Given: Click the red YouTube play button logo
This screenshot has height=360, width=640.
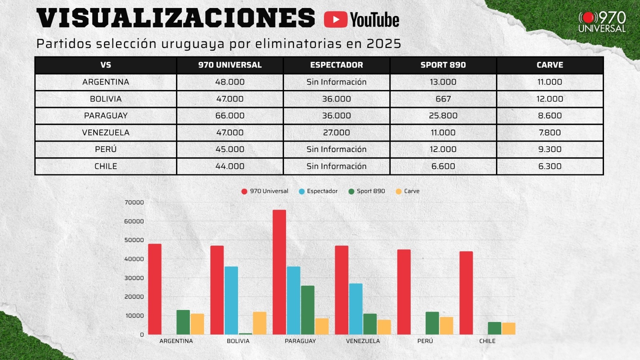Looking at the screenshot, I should coord(335,20).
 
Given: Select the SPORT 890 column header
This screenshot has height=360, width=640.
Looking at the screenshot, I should coord(443,65).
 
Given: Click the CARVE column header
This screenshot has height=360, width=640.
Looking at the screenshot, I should coord(550,65).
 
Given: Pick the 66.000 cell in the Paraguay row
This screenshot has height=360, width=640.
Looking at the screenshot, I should coord(230,116).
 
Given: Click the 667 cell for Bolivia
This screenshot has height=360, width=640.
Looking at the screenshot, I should coord(443,99).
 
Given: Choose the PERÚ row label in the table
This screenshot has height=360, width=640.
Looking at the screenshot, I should coord(106,149).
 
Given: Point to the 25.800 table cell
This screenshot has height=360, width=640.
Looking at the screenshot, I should coord(443,116).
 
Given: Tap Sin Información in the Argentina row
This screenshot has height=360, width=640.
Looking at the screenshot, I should coord(336,82).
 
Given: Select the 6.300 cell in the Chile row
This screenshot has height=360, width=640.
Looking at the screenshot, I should coord(550,166).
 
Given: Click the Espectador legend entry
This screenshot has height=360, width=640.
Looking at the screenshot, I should coord(318,191).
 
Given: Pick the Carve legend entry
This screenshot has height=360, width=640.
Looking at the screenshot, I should coord(408,191).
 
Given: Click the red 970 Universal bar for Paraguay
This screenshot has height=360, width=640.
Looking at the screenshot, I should coord(279,272).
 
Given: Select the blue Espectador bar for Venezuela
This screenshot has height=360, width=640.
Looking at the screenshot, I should coord(356,309).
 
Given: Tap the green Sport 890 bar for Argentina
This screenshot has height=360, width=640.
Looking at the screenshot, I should coord(183,322).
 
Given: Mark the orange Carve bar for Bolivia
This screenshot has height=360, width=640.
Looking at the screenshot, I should coord(260,323).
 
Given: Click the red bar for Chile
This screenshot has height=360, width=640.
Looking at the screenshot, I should coord(466,293).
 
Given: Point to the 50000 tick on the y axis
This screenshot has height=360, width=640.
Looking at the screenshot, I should coord(134,240).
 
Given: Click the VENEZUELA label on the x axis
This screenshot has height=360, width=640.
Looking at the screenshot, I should coord(363,341).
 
